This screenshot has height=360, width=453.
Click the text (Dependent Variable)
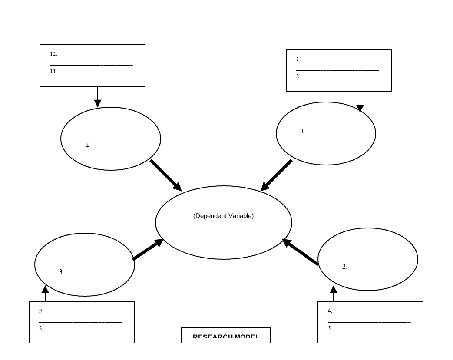click(223, 216)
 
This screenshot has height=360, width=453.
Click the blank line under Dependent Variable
click(218, 238)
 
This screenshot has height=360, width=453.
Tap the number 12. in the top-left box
click(53, 54)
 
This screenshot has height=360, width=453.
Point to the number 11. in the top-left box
click(53, 71)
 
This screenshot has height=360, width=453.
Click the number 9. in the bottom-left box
click(41, 311)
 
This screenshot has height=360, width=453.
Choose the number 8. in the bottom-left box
click(41, 328)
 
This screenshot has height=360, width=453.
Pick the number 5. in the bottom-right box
click(330, 328)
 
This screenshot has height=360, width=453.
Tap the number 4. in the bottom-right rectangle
click(330, 311)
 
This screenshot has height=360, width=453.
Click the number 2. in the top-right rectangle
click(298, 76)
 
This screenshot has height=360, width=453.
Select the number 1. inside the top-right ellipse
click(303, 131)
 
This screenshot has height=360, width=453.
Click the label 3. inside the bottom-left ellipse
click(62, 272)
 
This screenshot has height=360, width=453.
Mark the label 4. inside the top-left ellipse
click(88, 146)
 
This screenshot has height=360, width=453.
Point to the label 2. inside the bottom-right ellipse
click(344, 267)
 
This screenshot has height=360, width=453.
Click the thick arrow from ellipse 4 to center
click(166, 175)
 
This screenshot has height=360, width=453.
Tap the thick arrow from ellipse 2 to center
click(301, 252)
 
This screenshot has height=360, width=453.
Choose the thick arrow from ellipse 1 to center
click(277, 175)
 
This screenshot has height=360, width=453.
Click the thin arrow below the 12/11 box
click(98, 97)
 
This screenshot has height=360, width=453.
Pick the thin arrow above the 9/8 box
click(45, 293)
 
